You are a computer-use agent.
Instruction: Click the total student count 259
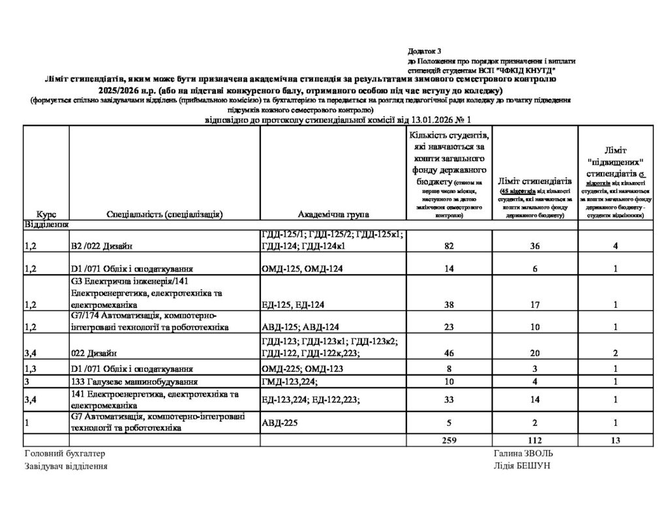click(x=448, y=441)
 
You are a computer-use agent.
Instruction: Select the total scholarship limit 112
click(x=534, y=441)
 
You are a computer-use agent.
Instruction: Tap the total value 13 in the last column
click(x=615, y=441)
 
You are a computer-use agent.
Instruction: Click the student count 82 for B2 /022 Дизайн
click(x=448, y=245)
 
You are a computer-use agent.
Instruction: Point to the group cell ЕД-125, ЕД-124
click(x=294, y=304)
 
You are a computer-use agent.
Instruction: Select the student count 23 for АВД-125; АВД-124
click(x=448, y=327)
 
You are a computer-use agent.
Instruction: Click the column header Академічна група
click(x=333, y=214)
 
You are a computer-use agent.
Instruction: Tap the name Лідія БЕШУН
click(x=523, y=466)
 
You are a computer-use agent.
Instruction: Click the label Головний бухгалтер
click(x=64, y=453)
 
